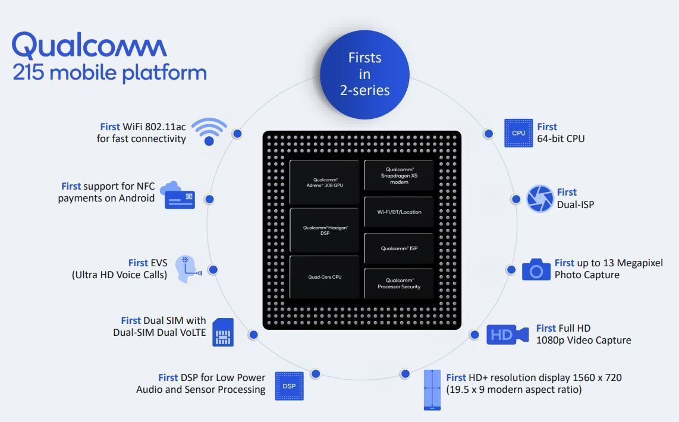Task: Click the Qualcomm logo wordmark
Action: (x=89, y=45)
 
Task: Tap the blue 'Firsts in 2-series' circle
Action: (x=364, y=74)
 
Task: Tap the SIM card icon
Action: (x=223, y=332)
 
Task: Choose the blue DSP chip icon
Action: (x=289, y=386)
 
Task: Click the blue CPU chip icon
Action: (x=518, y=133)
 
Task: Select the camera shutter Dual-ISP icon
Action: (x=539, y=199)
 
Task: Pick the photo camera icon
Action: (x=536, y=269)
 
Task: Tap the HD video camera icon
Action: (x=507, y=335)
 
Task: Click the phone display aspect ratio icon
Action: (x=432, y=390)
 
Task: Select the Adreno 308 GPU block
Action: (x=325, y=182)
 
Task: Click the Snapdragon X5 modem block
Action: (x=399, y=175)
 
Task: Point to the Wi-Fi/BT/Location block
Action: (x=399, y=212)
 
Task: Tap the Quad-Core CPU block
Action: (x=325, y=277)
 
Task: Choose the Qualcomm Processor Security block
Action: (x=399, y=284)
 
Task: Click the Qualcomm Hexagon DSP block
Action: (x=325, y=230)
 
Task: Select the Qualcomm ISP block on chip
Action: (x=399, y=248)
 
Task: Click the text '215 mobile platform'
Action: (x=110, y=73)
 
